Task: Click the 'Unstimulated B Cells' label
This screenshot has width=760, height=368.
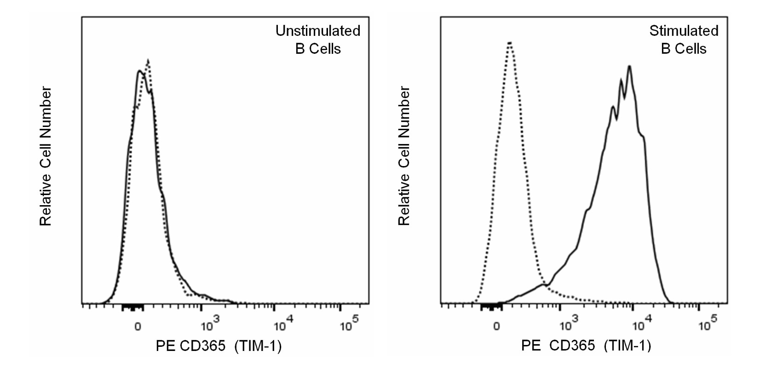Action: point(318,40)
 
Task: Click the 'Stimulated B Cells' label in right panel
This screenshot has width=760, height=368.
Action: point(684,40)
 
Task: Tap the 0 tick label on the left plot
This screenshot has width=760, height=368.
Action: point(138,327)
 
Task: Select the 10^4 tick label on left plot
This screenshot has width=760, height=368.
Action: point(279,325)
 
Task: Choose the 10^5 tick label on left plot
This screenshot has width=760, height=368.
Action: point(349,325)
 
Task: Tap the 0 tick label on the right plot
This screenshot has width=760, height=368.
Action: point(496,327)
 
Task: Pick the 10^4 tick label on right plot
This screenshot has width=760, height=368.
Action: point(639,325)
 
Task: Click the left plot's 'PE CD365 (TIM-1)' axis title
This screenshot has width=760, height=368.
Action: point(219,346)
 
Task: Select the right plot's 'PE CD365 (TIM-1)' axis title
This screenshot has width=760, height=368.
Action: point(586,346)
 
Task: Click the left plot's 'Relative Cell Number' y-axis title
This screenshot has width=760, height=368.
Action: point(46,156)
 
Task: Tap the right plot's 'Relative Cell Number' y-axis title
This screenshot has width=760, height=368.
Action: point(404,156)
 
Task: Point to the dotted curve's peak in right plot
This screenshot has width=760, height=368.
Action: point(510,43)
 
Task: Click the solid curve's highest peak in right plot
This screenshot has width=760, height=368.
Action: point(629,66)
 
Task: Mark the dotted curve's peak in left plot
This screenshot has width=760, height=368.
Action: point(148,60)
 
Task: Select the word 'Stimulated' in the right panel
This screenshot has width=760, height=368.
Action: point(684,31)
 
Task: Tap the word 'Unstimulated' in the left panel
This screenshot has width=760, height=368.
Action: point(318,31)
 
